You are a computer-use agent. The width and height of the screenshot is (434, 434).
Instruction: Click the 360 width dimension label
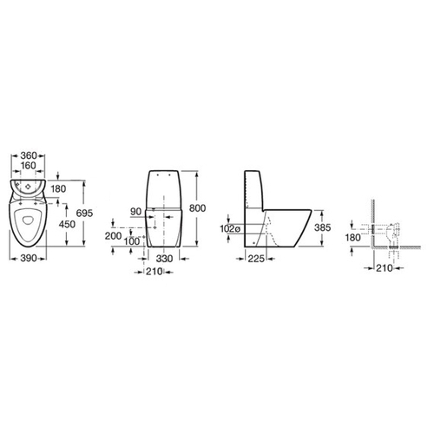[x=29, y=155]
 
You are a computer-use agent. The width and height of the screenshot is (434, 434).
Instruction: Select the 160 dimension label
[x=28, y=166]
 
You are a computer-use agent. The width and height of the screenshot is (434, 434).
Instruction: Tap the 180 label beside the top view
[x=58, y=188]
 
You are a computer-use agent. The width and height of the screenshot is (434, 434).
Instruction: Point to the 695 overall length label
[x=84, y=213]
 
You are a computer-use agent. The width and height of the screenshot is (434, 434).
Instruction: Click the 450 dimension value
[x=67, y=224]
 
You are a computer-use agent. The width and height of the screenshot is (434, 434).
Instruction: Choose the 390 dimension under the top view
[x=29, y=258]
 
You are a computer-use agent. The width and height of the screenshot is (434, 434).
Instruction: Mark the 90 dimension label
[x=136, y=212]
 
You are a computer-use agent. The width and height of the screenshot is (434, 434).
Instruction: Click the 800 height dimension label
[x=197, y=207]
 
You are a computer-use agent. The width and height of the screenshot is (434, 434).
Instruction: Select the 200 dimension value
[x=113, y=236]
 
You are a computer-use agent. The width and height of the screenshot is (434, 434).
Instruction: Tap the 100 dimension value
[x=132, y=241]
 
